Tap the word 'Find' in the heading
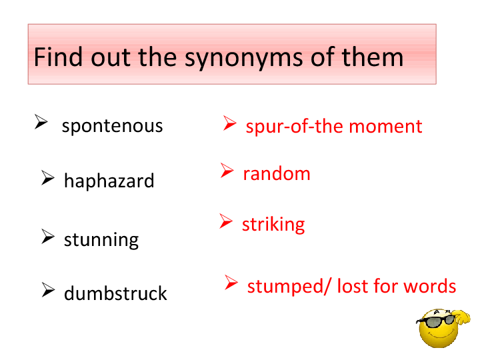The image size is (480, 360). coord(58,57)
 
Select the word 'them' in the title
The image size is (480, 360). coord(373,57)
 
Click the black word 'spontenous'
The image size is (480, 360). coord(113,127)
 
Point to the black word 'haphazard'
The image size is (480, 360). coord(109,181)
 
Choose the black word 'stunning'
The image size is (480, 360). coord(101,240)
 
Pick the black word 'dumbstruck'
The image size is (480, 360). coord(115,293)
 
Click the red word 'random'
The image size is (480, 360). coord(277,173)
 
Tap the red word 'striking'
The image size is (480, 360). coord(273,225)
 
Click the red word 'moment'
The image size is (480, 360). coord(385,127)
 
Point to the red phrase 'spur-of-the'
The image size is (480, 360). coord(295,127)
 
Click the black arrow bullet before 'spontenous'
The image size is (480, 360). coord(41,121)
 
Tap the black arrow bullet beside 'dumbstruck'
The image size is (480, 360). coord(48,289)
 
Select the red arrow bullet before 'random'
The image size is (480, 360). coord(227,170)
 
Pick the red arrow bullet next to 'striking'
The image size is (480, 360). coord(226,221)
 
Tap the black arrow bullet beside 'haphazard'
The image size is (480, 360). coord(48,178)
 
